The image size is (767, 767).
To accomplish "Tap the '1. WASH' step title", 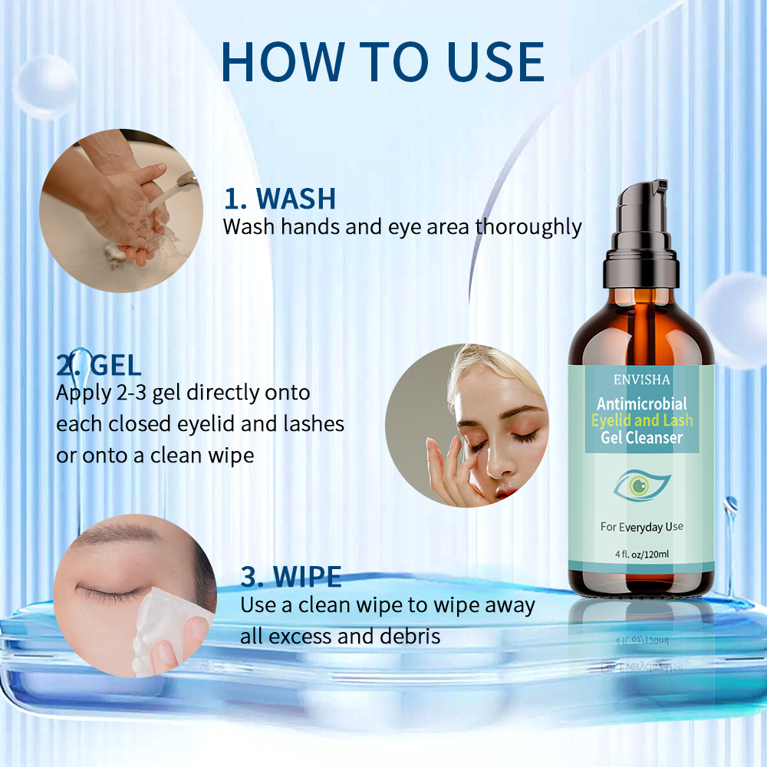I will pos(280,198).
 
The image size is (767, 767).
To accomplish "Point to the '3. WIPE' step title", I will pos(291,576).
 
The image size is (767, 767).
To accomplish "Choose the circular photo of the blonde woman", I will pos(466,426).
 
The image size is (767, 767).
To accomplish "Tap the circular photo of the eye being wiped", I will pos(133,596).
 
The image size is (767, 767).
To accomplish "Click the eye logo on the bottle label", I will pos(643,484).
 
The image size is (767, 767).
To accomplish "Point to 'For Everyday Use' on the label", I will pos(642,527).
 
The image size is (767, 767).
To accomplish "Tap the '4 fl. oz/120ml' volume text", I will pos(642,554).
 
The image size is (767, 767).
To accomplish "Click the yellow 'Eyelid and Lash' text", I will pos(642,420).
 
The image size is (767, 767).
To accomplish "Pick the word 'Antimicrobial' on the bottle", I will pos(642,403).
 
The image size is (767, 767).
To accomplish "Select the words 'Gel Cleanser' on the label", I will pos(642,438).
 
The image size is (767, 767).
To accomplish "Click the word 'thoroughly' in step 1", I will pos(528,227).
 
